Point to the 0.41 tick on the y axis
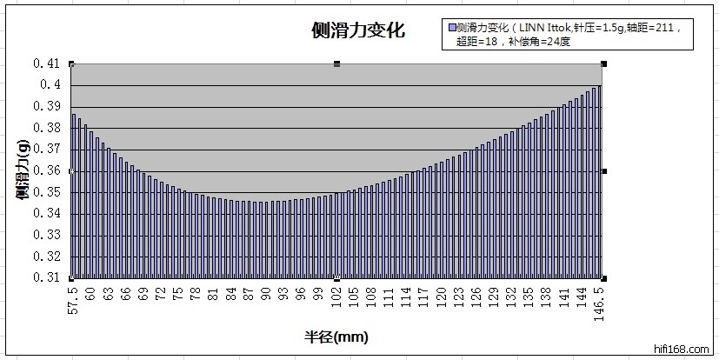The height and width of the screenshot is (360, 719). (x=48, y=63)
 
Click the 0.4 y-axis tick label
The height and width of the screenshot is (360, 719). (x=50, y=85)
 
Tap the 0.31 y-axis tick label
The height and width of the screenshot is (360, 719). (x=48, y=278)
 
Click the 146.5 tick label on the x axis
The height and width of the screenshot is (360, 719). (x=599, y=300)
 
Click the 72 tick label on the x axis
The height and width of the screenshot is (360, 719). (x=161, y=292)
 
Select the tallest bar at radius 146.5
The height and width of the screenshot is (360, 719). (x=599, y=183)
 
